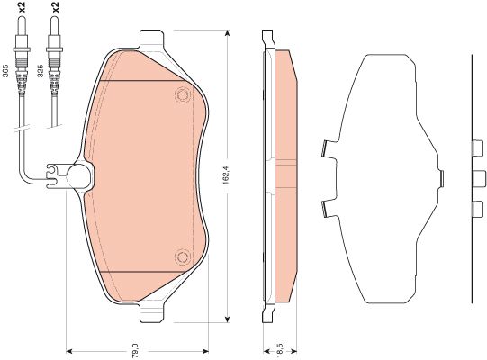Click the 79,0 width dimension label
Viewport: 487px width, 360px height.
[135, 351]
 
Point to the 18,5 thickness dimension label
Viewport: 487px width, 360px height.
[280, 349]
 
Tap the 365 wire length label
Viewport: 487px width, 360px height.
[5, 71]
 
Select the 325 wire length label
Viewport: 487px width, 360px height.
[41, 71]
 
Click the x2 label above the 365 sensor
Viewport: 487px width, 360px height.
[22, 7]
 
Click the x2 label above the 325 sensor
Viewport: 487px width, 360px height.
[55, 7]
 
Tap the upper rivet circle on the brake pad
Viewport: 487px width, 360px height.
[183, 94]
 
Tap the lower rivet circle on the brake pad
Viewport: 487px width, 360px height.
[182, 257]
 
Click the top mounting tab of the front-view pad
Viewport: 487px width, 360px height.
[151, 39]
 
